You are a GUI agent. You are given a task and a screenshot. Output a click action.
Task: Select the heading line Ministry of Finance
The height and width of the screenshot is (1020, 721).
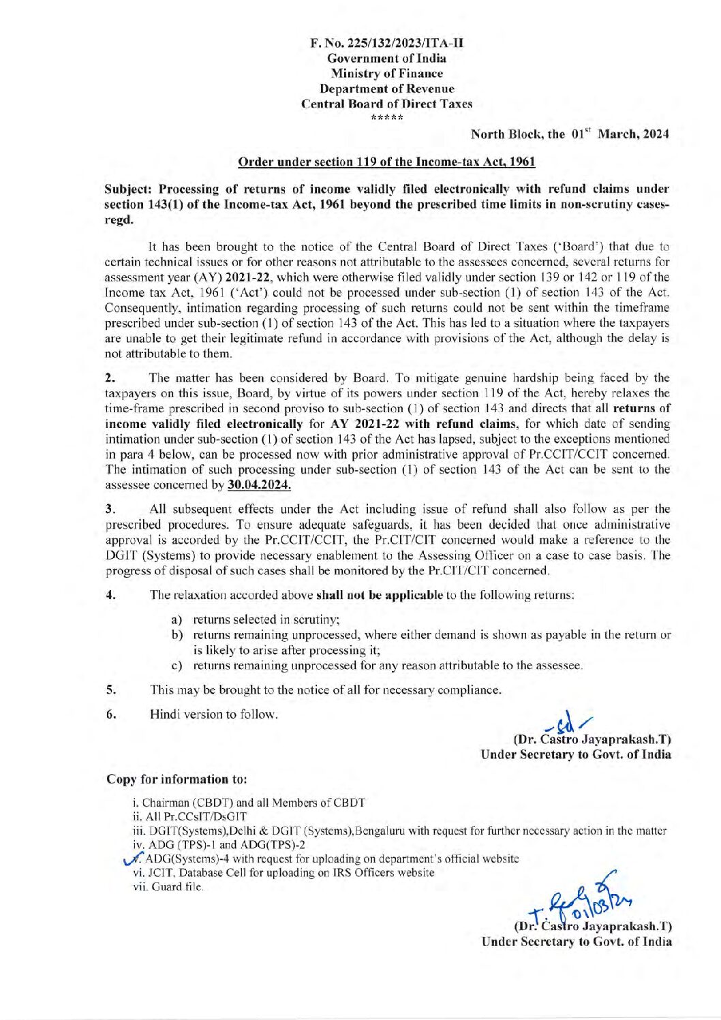coord(386,74)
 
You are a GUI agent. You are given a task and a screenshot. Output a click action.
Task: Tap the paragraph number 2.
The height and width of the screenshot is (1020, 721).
coord(110,378)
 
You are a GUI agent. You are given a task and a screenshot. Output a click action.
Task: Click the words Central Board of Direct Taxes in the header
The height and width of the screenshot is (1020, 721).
coord(386,104)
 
